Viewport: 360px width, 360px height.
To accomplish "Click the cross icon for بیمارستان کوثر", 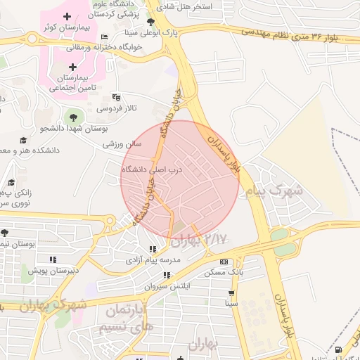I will coord(67,16).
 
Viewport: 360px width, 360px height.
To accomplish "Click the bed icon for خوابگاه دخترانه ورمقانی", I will coord(105,37).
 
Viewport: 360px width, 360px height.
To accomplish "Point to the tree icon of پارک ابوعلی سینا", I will coord(150,22).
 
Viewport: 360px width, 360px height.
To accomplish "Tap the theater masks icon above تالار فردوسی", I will coord(116,98).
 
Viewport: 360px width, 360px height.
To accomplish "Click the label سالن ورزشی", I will coord(122,144).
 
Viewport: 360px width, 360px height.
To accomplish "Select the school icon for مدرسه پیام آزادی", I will coord(153,249).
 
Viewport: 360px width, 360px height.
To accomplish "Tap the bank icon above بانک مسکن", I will coord(224,262).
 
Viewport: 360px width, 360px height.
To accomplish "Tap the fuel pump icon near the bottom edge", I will coord(340,349).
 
